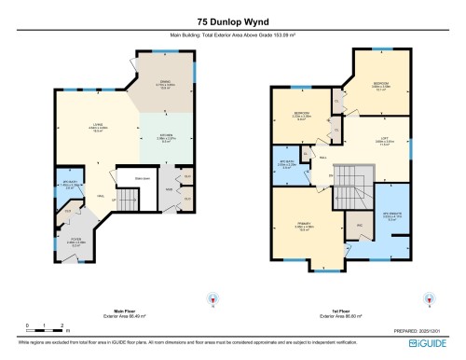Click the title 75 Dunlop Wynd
click(x=232, y=20)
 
